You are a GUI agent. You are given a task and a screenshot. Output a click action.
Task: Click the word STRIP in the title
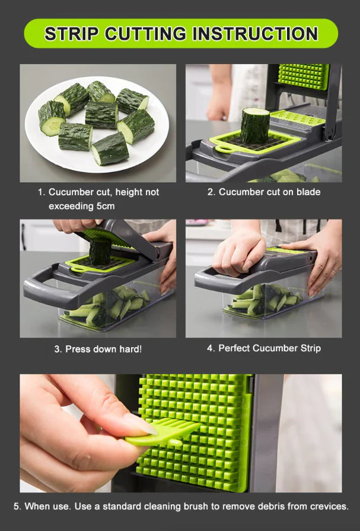click(71, 34)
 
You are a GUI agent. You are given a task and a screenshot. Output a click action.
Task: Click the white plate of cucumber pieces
click(97, 123)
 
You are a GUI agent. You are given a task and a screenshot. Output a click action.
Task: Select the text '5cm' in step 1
click(103, 206)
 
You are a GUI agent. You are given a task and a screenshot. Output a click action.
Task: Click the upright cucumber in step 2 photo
click(255, 125)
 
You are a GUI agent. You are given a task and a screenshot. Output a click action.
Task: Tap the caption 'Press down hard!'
click(103, 349)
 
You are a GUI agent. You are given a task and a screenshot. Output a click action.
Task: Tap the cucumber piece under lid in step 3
click(100, 253)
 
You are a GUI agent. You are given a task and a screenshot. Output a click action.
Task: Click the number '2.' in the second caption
click(211, 192)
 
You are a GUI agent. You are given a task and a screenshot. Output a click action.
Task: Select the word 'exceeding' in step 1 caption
click(74, 206)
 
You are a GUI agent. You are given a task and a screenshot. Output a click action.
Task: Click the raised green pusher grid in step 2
click(302, 76)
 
